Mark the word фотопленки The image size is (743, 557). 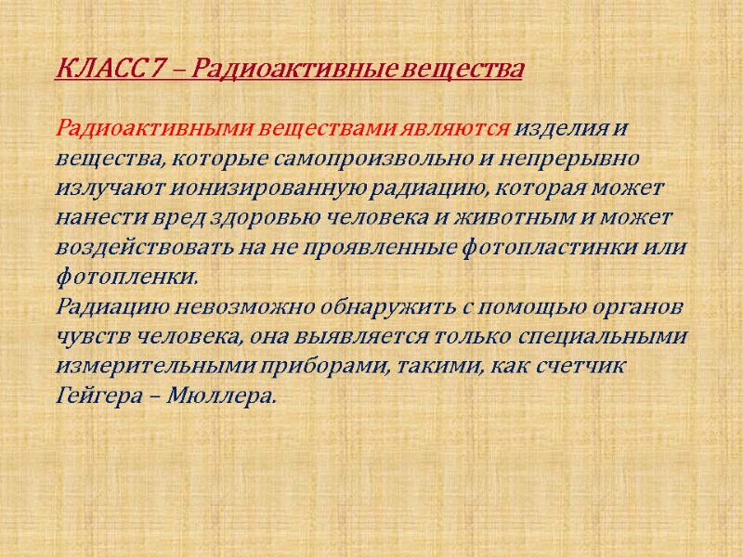(x=126, y=278)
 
